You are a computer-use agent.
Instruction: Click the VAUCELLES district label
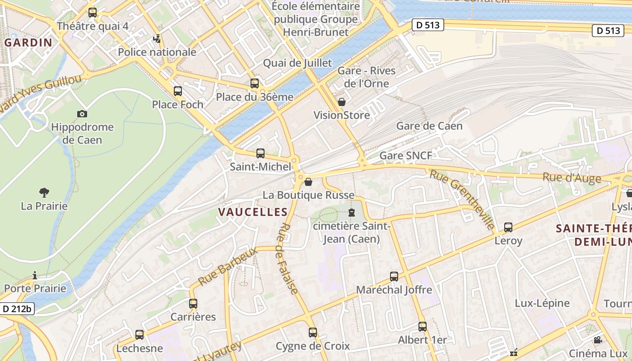(253, 212)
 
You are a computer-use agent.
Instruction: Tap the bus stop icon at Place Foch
(178, 91)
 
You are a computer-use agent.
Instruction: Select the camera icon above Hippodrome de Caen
(82, 114)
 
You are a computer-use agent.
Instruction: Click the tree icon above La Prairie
(44, 193)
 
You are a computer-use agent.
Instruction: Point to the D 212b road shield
(17, 309)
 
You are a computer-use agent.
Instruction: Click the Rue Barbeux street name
(228, 266)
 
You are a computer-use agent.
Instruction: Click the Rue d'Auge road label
(572, 177)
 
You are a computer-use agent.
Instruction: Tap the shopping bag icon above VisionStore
(342, 102)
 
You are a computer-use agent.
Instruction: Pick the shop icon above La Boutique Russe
(308, 182)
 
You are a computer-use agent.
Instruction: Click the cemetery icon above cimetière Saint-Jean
(352, 212)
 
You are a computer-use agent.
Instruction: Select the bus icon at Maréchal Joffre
(394, 276)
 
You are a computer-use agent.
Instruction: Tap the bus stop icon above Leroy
(508, 227)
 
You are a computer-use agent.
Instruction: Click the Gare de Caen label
(429, 126)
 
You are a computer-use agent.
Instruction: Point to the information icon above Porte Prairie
(35, 275)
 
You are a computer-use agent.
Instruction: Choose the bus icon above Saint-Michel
(260, 153)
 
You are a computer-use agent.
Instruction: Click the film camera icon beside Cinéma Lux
(598, 340)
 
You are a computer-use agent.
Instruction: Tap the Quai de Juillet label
(297, 63)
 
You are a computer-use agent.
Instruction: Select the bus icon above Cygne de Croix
(313, 333)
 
